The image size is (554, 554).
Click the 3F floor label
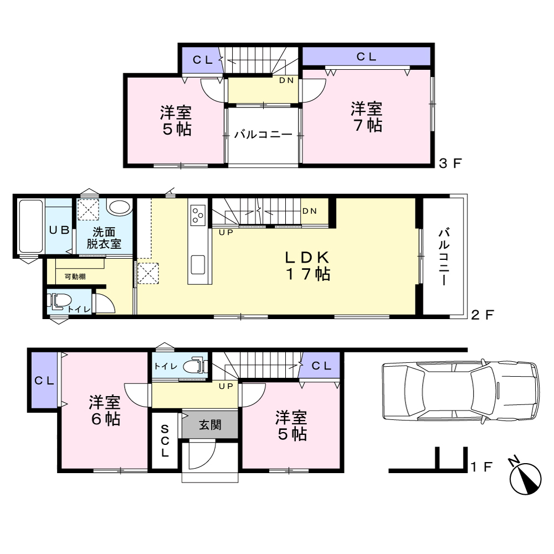[450, 163]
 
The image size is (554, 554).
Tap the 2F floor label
[483, 315]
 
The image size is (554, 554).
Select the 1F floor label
[482, 466]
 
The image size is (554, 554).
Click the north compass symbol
[525, 478]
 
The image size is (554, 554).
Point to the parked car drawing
[461, 391]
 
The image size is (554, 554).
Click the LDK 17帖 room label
[307, 266]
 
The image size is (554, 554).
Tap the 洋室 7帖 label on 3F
[367, 117]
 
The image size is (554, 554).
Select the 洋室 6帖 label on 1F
[105, 411]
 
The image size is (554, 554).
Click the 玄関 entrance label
[210, 425]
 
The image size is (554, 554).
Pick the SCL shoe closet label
[165, 442]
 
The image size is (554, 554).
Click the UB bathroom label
[59, 230]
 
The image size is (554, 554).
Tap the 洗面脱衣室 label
[104, 238]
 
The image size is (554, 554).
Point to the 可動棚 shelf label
[75, 276]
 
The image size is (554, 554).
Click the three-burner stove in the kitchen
[198, 215]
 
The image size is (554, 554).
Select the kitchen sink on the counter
[198, 265]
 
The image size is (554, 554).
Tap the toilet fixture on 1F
[195, 366]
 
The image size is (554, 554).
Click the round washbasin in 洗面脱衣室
[119, 207]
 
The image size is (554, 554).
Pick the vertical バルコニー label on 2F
[444, 257]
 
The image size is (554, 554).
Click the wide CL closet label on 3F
[366, 57]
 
